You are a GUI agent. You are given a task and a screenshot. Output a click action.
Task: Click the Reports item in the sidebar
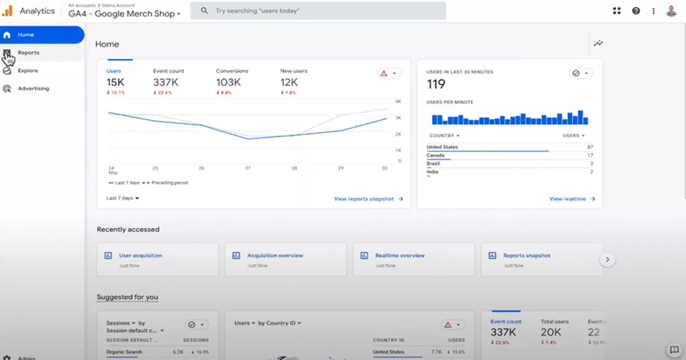tap(29, 53)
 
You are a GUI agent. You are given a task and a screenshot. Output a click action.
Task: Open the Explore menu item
tap(28, 71)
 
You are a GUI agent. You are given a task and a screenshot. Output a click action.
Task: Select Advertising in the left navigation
tap(33, 89)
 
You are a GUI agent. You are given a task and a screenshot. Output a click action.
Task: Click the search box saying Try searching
tap(318, 11)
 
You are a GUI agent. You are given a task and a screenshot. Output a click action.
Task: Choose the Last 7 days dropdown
tap(123, 198)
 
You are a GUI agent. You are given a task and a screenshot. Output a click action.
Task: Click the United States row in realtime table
tap(442, 147)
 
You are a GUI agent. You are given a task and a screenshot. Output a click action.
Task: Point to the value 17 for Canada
tap(590, 156)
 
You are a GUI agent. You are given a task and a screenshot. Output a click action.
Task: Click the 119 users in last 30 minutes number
tap(436, 84)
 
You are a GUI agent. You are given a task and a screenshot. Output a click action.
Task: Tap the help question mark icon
tap(636, 11)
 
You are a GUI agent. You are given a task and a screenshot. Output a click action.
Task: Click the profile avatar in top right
tap(671, 11)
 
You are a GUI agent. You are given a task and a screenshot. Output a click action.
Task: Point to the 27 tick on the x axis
tap(248, 168)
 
